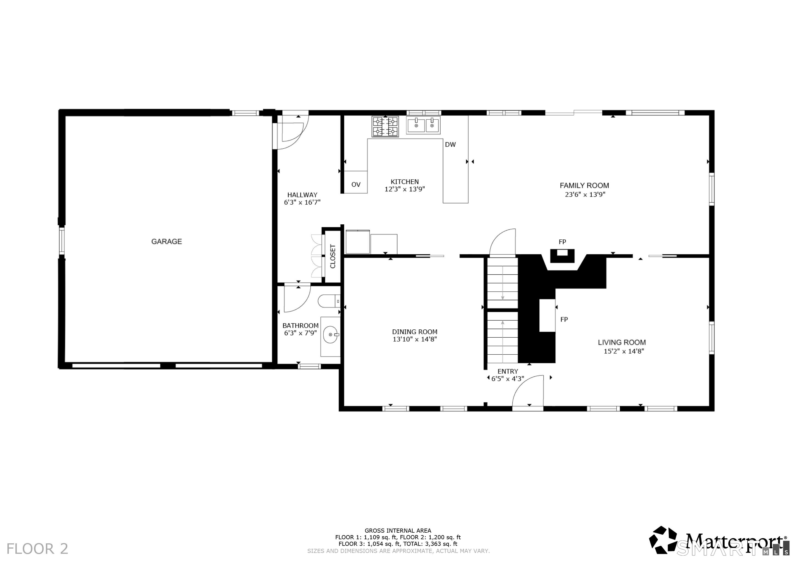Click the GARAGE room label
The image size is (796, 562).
coord(166,241)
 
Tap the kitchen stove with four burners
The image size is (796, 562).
coord(385,126)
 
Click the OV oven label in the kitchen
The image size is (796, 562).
coord(356,185)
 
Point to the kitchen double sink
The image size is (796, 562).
coord(423,125)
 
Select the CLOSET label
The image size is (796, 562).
coord(333,256)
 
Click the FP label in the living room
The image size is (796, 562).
coord(564,319)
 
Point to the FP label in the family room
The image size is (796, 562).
coord(562,242)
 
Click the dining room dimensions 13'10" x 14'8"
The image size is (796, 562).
coord(415,339)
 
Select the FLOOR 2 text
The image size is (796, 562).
coord(37,549)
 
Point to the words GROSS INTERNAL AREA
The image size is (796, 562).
coord(398,530)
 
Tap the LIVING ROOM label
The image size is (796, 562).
coord(622,343)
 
